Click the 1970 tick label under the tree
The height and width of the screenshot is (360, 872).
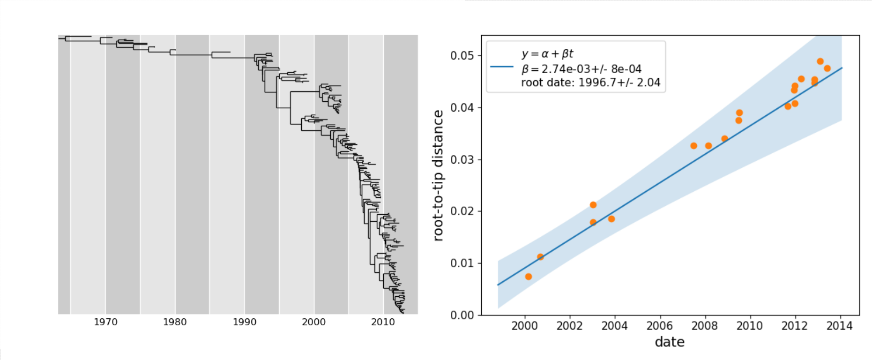pos(105,322)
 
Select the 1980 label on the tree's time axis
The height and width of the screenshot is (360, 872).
pos(175,322)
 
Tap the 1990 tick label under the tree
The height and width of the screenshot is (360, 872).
pos(245,322)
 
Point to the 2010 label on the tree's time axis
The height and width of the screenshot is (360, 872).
pos(383,322)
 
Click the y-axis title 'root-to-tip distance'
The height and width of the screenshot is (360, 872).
pos(438,176)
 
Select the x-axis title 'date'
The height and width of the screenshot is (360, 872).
pos(670,342)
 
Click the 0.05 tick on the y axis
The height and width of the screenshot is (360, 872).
pos(462,56)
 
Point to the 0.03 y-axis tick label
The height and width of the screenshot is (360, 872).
pos(462,160)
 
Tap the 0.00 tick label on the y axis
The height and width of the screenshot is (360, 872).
pos(462,315)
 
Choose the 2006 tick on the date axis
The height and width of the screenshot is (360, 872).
pos(660,326)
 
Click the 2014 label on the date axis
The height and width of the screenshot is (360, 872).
pos(839,326)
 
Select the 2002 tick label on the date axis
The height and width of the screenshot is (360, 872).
pos(569,326)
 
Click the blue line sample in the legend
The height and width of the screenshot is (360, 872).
pos(502,67)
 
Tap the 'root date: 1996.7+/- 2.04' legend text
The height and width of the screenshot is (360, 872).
pos(590,83)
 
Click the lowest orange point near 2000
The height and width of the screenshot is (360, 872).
pos(529,277)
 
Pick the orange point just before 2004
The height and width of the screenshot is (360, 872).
pos(611,219)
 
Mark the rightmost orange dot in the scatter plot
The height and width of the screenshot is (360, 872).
pos(827,68)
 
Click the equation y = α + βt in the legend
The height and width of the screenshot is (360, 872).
pos(547,54)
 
